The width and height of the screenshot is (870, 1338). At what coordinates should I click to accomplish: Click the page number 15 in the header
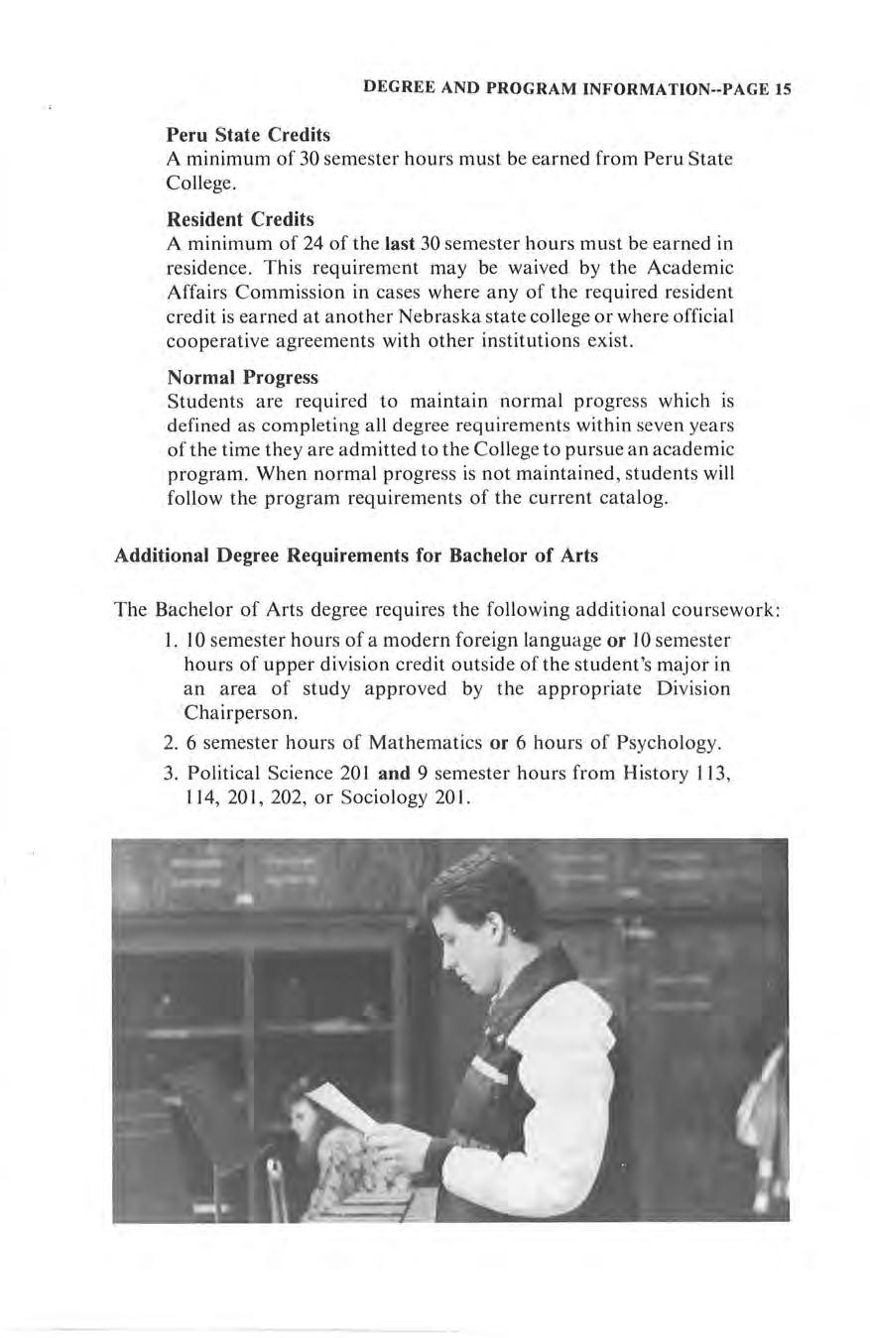point(783,88)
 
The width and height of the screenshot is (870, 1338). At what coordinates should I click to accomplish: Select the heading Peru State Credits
point(248,134)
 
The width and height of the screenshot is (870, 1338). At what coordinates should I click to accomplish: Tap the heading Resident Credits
point(240,218)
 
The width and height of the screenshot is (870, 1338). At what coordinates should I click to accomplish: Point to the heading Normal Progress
point(242,378)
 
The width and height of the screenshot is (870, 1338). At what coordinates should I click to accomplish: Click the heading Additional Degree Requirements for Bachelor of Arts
point(356,555)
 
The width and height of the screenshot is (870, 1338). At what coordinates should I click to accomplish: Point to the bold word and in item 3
point(395,773)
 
